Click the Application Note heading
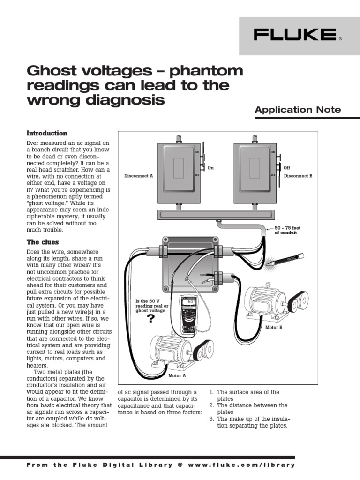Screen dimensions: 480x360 click(298, 110)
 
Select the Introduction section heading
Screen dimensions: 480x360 click(47, 133)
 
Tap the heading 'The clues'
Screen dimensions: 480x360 click(43, 242)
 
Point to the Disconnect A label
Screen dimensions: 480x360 click(139, 176)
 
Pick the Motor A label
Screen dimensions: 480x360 click(177, 375)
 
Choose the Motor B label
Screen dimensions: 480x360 click(274, 327)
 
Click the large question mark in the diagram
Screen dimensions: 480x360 click(150, 319)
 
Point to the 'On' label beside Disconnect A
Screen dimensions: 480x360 click(211, 167)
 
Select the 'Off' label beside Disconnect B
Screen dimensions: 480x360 click(287, 167)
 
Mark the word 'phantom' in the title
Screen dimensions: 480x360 click(207, 71)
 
